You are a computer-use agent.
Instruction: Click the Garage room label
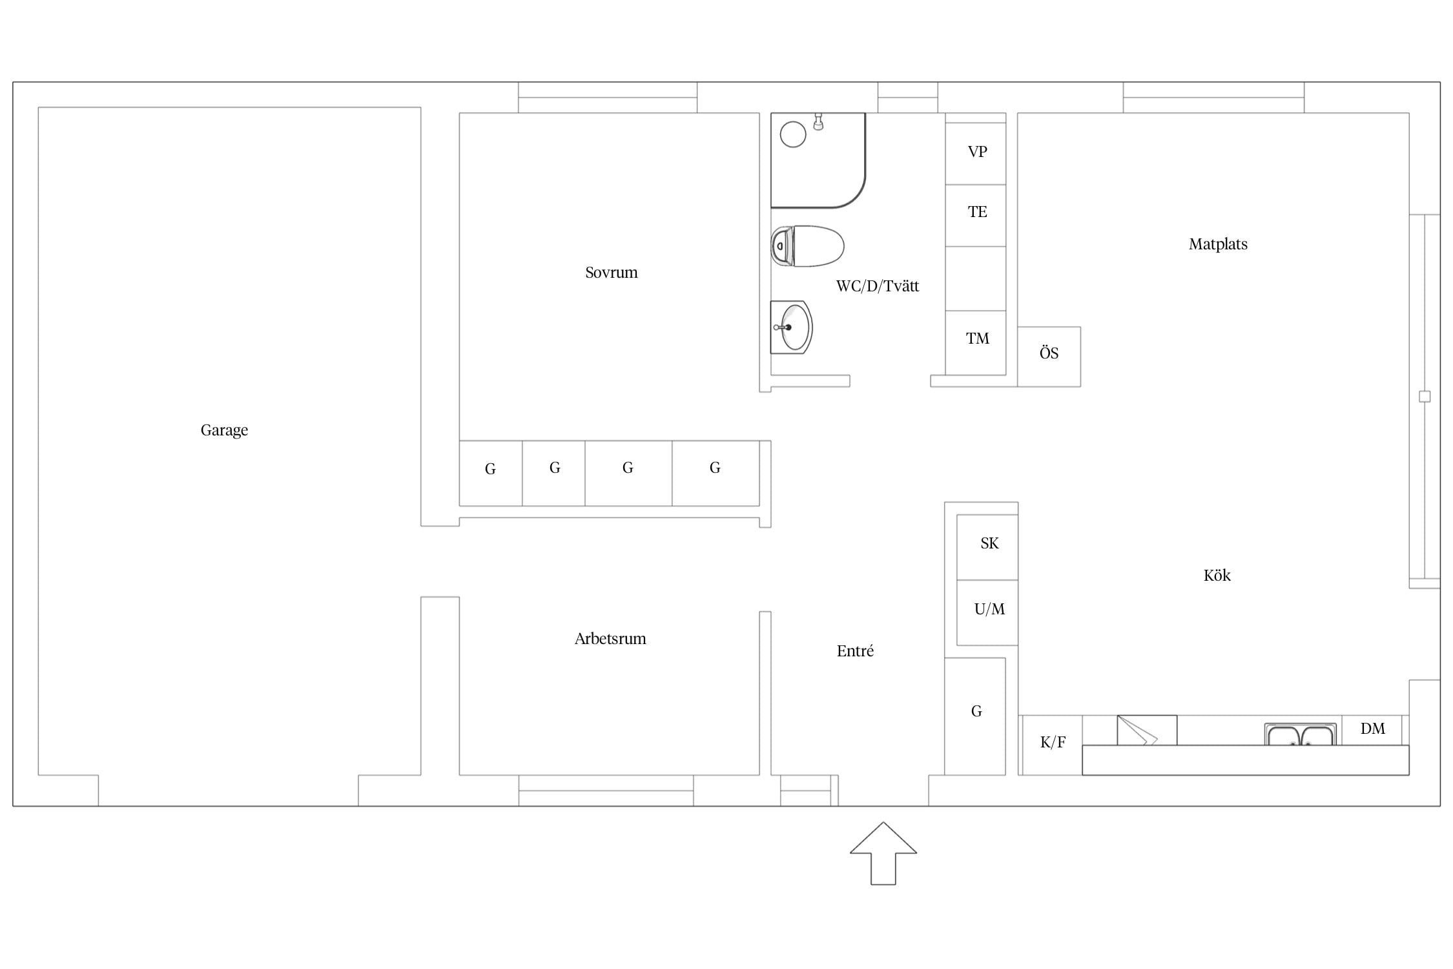224,430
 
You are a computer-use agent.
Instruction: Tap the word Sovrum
611,273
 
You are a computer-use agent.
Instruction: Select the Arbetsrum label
610,639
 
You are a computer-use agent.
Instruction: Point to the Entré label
855,651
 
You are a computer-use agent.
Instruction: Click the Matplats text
1218,244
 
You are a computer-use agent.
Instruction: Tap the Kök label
1217,575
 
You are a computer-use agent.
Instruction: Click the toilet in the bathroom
807,246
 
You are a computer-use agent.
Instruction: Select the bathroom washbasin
791,328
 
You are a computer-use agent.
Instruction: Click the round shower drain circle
793,134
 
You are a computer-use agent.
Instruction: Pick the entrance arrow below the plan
883,853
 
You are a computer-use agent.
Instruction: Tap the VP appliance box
976,154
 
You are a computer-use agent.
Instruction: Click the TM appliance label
977,339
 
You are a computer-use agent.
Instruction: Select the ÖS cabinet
1049,357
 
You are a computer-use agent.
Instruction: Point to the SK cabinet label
989,543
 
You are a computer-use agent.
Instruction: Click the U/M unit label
989,609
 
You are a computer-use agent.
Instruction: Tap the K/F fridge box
1053,745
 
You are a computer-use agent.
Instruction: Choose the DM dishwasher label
1372,729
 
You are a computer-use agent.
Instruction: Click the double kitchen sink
1300,735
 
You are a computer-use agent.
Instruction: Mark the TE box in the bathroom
976,215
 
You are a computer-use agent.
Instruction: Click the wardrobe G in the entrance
975,716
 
